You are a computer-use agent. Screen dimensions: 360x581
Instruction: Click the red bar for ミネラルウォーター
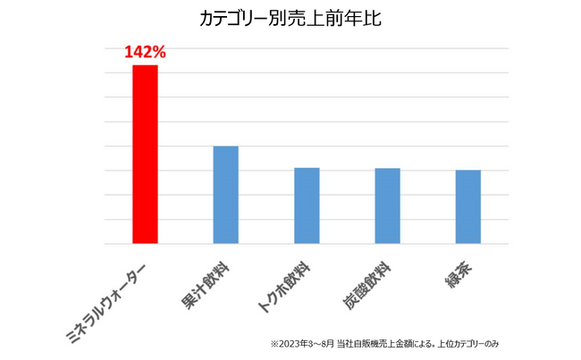(x=145, y=154)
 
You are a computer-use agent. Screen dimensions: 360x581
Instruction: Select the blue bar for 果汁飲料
(x=225, y=194)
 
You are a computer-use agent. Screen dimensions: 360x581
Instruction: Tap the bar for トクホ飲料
(x=307, y=205)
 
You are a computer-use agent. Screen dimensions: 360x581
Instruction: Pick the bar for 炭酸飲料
(x=387, y=205)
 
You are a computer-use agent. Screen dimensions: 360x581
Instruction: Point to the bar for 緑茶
(x=467, y=206)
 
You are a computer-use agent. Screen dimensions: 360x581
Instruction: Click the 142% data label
(x=145, y=53)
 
